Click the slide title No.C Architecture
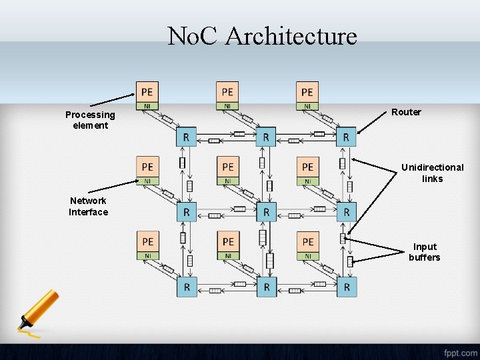tap(262, 35)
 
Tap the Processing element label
tap(90, 120)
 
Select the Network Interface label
tap(88, 206)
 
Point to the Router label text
tap(406, 112)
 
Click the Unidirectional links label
tap(432, 173)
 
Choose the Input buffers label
tap(425, 252)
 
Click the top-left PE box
tap(147, 92)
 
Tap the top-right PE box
tap(307, 92)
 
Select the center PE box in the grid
tap(227, 167)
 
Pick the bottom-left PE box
tap(147, 241)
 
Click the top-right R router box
tap(346, 137)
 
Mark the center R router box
tap(266, 212)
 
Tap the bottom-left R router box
tap(187, 287)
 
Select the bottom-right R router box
tap(346, 287)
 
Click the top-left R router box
tap(187, 137)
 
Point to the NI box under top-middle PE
tap(227, 106)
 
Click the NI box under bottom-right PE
tap(307, 255)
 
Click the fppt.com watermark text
tap(460, 352)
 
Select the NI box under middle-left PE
tap(147, 181)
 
